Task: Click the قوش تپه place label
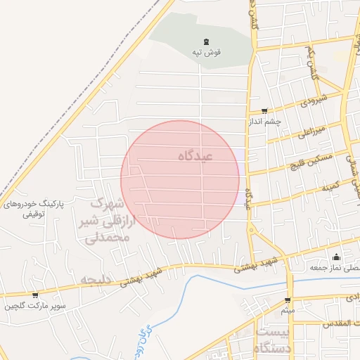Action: tap(207, 53)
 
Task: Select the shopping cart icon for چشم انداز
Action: tap(264, 110)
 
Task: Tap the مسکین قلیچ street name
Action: tap(311, 162)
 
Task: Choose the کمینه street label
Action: tap(330, 188)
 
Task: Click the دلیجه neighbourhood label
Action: tap(96, 280)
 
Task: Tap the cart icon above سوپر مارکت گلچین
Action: tap(34, 295)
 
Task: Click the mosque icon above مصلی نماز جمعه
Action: tap(336, 257)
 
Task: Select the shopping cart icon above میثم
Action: tap(287, 300)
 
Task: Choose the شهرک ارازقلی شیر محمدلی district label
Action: tap(108, 221)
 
